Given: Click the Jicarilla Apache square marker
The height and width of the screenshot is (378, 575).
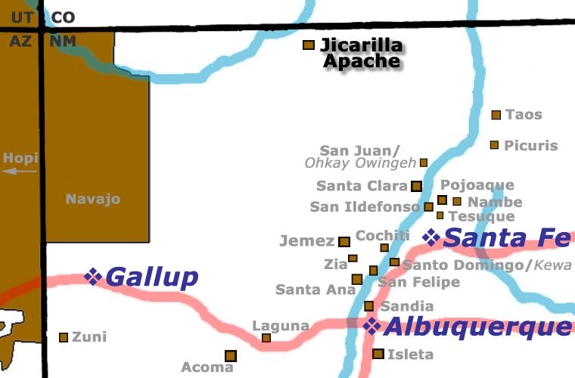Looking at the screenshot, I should (309, 45).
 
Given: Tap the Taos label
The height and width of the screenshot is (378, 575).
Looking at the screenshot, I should (524, 115).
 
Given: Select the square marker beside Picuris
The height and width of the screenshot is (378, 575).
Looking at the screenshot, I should (494, 144).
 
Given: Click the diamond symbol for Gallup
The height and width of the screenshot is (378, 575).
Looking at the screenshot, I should (94, 277).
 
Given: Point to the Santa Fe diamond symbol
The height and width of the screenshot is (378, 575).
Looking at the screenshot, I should (431, 237).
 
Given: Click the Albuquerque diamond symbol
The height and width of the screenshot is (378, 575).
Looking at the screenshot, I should (371, 326).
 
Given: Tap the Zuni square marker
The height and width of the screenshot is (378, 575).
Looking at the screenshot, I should (64, 337).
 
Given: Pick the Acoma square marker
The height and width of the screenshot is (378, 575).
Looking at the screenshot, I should (230, 355).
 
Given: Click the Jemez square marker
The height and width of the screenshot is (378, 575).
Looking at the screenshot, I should (344, 242).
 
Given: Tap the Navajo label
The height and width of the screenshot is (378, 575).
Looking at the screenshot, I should (93, 200).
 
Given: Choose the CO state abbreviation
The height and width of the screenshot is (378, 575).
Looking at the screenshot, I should (64, 16).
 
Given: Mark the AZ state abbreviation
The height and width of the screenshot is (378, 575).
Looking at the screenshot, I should (21, 41).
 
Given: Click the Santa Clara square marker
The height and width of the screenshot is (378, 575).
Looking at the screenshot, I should (416, 186).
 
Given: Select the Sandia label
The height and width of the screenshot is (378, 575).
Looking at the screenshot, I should (407, 306).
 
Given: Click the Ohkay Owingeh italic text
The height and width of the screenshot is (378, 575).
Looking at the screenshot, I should (360, 163).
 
